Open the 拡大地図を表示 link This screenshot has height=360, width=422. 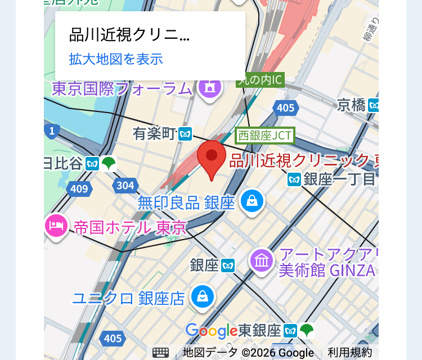(116, 59)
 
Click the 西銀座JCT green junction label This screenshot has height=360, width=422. (264, 135)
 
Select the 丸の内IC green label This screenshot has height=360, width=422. (259, 80)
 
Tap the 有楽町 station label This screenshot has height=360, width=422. (155, 133)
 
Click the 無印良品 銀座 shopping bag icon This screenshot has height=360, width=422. (252, 201)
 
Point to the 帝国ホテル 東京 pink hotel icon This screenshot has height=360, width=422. (56, 226)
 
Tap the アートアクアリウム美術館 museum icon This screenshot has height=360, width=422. (262, 260)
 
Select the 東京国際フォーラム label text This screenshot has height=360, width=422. (122, 89)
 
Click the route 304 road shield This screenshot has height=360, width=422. (125, 185)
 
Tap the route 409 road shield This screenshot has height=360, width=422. (79, 188)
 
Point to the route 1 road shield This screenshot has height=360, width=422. (52, 132)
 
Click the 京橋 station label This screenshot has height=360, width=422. (352, 105)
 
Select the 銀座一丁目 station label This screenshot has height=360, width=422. (339, 179)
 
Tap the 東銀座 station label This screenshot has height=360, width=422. (259, 330)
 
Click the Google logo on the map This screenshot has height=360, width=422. (211, 331)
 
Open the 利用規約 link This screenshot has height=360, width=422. (350, 353)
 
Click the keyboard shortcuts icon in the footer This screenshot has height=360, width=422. (160, 353)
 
